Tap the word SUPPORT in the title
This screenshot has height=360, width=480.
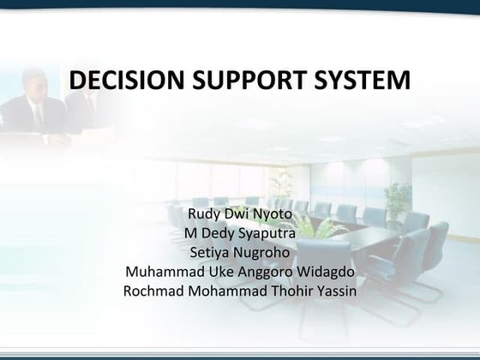pyautogui.click(x=234, y=81)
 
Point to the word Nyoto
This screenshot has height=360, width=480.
pyautogui.click(x=273, y=212)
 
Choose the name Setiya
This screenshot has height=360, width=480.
pyautogui.click(x=207, y=252)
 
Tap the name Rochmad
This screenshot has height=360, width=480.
pyautogui.click(x=154, y=292)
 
